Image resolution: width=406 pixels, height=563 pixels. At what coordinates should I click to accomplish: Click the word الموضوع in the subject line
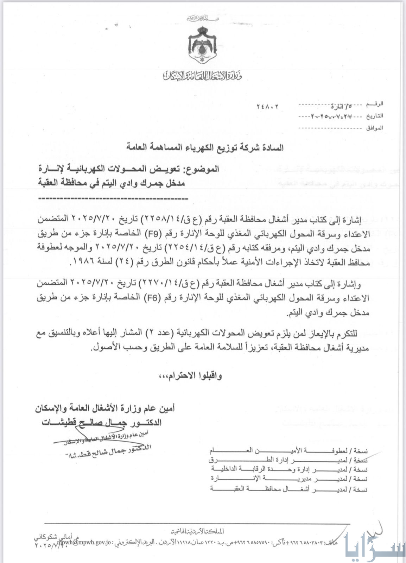pos(205,169)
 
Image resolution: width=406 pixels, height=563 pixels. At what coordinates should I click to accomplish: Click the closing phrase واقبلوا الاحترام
pos(195,375)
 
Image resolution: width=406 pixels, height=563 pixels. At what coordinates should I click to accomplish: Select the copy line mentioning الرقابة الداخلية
pos(288,469)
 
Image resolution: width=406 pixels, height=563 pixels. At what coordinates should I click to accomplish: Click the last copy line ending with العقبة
pos(288,489)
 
